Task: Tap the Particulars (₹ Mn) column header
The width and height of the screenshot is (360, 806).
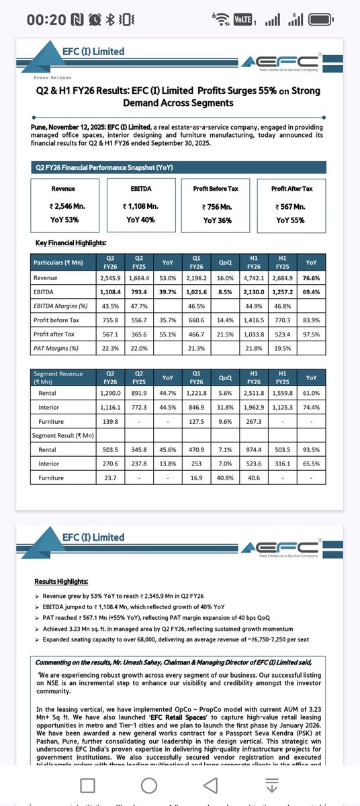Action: pos(63,262)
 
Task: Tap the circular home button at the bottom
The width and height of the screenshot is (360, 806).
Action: pos(180,784)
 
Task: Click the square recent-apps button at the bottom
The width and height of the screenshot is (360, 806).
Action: pos(87,784)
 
